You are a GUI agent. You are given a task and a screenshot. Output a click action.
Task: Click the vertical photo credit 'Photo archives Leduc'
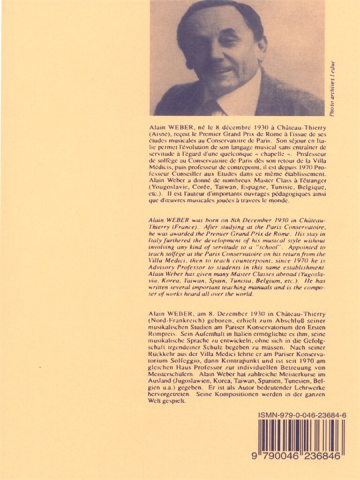pyautogui.click(x=332, y=89)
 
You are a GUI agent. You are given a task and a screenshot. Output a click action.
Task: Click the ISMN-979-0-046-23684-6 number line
pyautogui.click(x=302, y=415)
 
